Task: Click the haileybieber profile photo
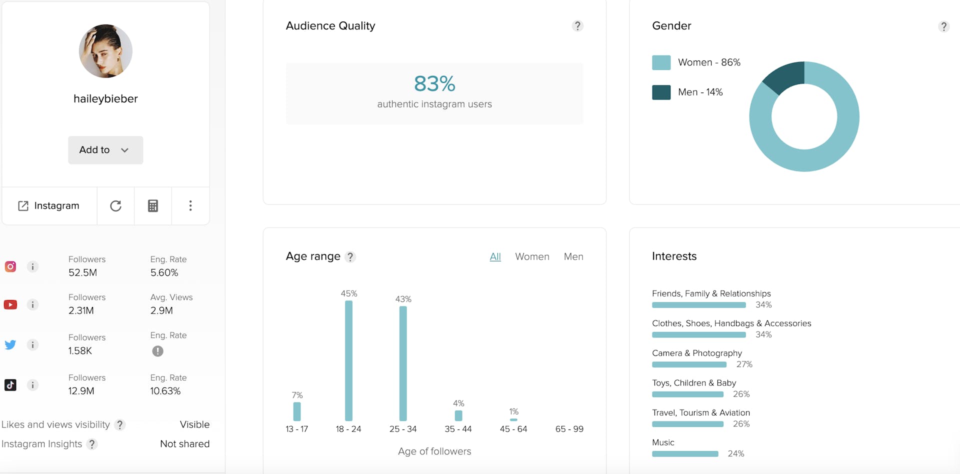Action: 105,51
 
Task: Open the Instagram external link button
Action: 49,206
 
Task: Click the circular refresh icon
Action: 115,206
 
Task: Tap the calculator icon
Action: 153,206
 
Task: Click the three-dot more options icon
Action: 190,206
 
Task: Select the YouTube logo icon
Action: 10,304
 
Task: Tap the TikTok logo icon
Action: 10,385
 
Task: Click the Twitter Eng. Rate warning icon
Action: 157,351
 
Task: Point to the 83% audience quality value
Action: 434,83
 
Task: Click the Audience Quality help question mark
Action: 577,26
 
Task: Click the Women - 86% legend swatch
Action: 661,62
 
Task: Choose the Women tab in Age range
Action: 532,256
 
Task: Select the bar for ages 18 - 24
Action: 348,360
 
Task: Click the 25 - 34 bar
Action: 403,363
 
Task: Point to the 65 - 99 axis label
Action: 569,429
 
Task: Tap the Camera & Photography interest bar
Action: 689,364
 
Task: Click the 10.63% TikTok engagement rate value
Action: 165,391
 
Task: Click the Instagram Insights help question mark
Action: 92,444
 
